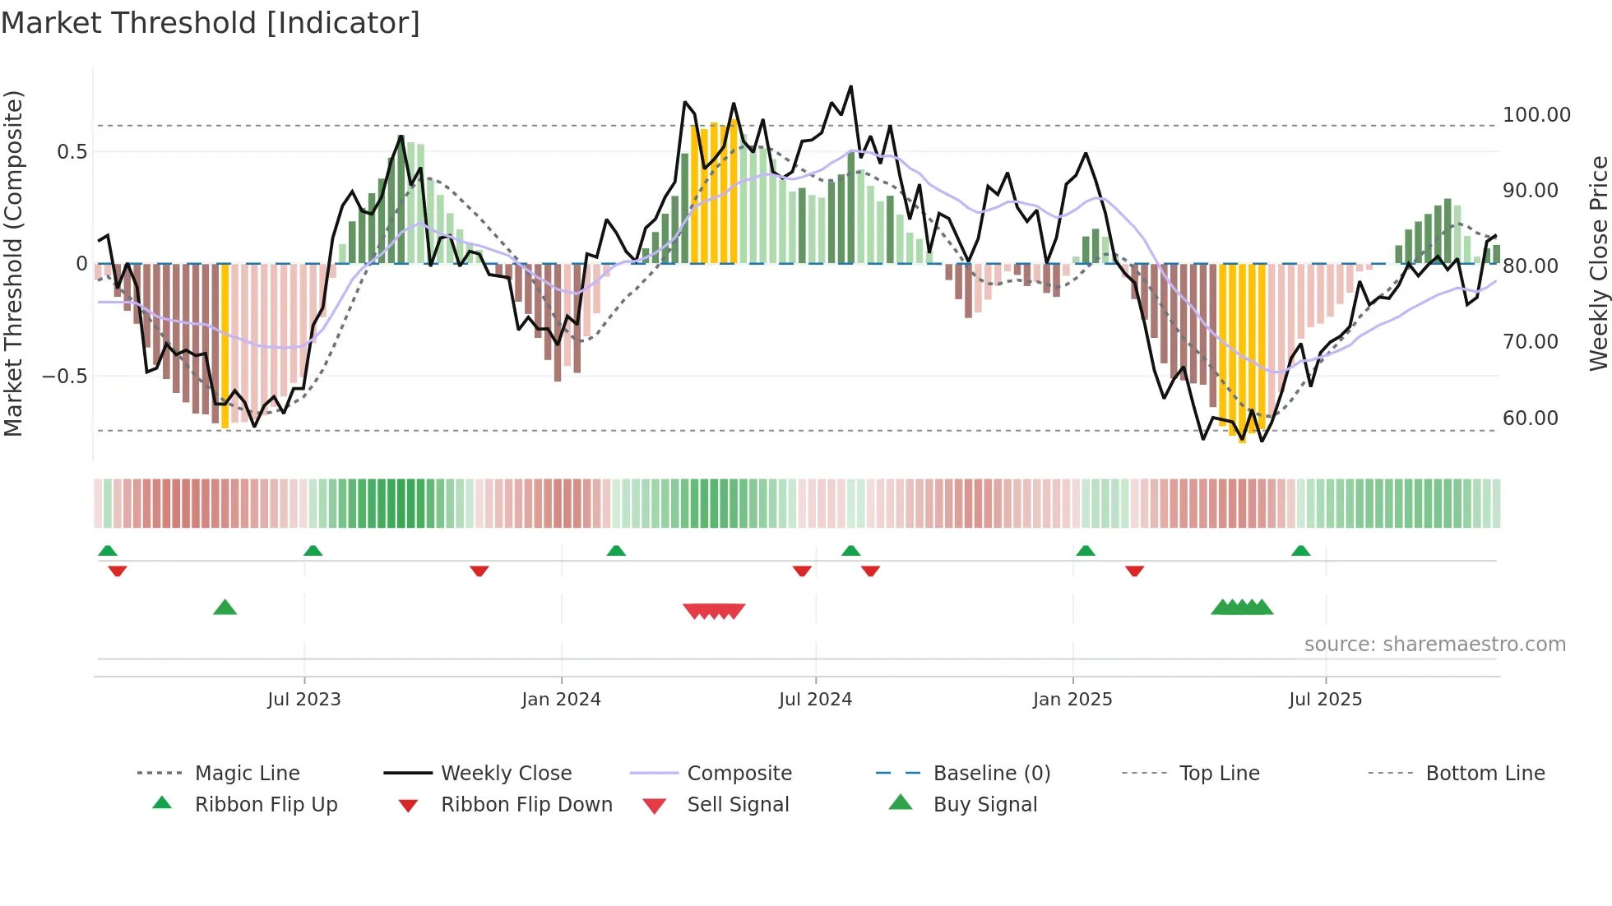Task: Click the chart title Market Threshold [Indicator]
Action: [x=211, y=23]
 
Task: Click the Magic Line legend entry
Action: [x=247, y=773]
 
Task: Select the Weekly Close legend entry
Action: [x=506, y=773]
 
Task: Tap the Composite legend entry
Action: [x=739, y=773]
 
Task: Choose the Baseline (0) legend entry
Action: [x=991, y=773]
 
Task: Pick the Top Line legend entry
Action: [x=1219, y=773]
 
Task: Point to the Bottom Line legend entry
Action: [x=1485, y=773]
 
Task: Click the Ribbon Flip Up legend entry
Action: [x=266, y=804]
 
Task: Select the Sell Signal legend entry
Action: [x=737, y=804]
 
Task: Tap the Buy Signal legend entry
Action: [x=984, y=804]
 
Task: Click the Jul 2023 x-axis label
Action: [x=303, y=699]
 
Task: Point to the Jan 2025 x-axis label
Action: [x=1072, y=699]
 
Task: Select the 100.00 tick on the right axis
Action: [x=1536, y=115]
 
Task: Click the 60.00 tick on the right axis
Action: [x=1530, y=418]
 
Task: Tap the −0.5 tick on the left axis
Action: [x=64, y=376]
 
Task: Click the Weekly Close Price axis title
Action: [x=1597, y=263]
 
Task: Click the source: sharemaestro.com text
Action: [x=1434, y=644]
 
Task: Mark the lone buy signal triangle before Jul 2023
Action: [x=225, y=608]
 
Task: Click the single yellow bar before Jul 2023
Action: [x=225, y=345]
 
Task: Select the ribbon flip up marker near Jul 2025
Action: [x=1300, y=551]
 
